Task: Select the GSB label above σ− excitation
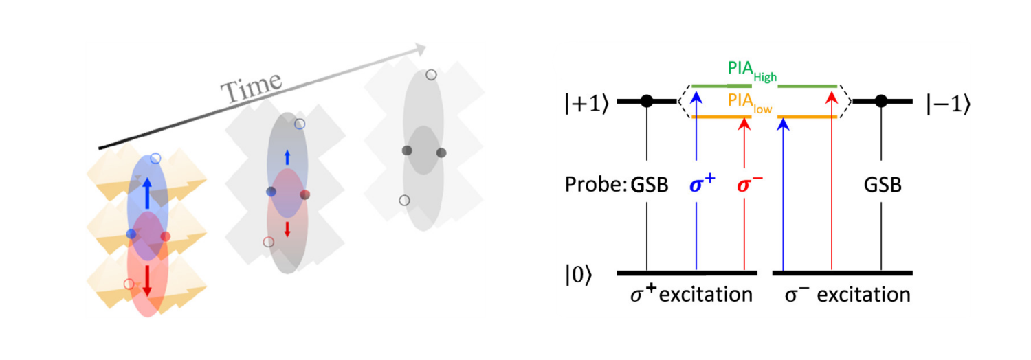tap(882, 185)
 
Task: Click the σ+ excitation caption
tap(691, 295)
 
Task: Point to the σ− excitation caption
tap(847, 295)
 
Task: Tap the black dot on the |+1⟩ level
tap(646, 102)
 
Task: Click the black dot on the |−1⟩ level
tap(881, 102)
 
